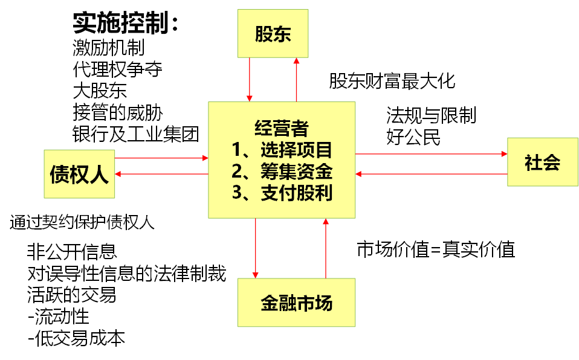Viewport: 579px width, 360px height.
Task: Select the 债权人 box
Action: pyautogui.click(x=79, y=174)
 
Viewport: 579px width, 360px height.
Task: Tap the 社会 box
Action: pyautogui.click(x=542, y=162)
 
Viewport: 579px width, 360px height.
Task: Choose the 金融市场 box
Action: pyautogui.click(x=296, y=302)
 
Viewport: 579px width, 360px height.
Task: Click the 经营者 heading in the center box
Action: pyautogui.click(x=281, y=128)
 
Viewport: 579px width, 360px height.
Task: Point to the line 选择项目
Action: pyautogui.click(x=282, y=149)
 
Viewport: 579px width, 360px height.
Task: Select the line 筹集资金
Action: pyautogui.click(x=282, y=171)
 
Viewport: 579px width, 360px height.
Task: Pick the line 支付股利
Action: pyautogui.click(x=282, y=193)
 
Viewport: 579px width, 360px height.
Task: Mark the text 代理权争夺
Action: pyautogui.click(x=117, y=69)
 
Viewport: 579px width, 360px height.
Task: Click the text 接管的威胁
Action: pyautogui.click(x=117, y=112)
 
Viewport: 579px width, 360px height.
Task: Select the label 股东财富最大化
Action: pyautogui.click(x=392, y=81)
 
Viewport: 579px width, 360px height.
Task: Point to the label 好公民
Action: pyautogui.click(x=413, y=137)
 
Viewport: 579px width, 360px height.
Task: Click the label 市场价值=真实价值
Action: pyautogui.click(x=436, y=249)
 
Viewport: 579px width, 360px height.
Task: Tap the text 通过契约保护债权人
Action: pyautogui.click(x=82, y=223)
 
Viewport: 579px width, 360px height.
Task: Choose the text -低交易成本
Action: pyautogui.click(x=76, y=338)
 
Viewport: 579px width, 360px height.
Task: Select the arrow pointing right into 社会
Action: pyautogui.click(x=431, y=154)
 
